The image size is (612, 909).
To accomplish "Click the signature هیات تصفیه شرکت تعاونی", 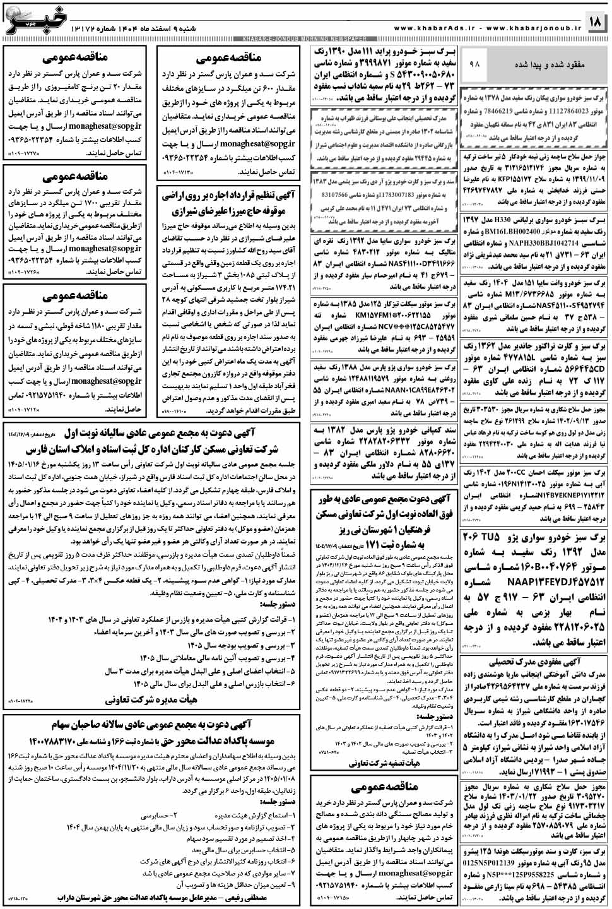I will click(384, 763).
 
